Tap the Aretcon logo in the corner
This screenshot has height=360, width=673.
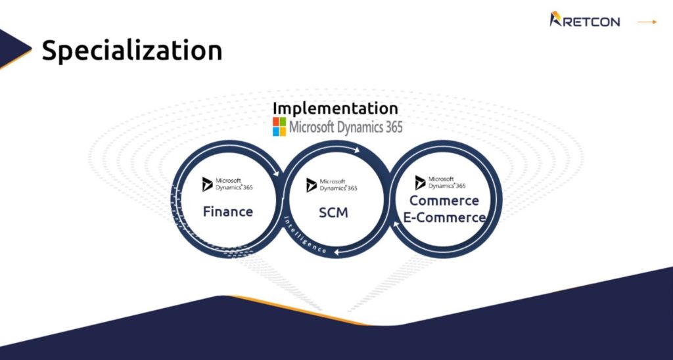click(584, 20)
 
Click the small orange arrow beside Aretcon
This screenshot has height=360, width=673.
click(647, 22)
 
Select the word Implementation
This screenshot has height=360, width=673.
click(335, 108)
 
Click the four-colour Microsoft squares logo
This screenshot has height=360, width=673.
click(279, 127)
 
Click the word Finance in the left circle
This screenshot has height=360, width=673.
click(228, 212)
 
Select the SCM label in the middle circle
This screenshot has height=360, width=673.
click(333, 212)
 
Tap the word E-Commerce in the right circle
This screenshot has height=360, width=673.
click(445, 217)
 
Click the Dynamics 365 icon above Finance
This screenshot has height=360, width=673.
click(207, 184)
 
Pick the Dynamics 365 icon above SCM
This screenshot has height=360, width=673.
click(312, 185)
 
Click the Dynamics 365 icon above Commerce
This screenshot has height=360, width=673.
click(420, 183)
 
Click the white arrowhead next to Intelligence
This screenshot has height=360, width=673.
click(337, 252)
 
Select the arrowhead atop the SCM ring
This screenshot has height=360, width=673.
click(356, 150)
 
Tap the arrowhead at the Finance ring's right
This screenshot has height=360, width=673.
click(275, 173)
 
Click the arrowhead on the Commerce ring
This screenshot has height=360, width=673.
click(397, 225)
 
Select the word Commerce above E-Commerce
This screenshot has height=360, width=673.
click(444, 200)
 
